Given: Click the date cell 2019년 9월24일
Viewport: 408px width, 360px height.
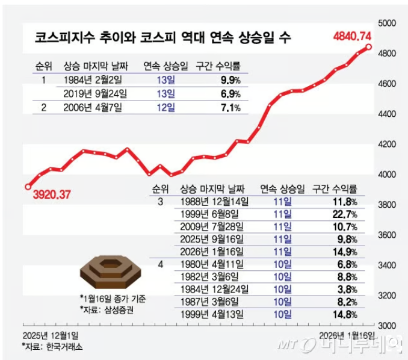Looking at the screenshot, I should [94, 94].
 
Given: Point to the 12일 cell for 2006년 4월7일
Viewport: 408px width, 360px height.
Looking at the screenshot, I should [165, 108].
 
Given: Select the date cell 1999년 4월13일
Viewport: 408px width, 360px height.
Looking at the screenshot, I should [211, 314].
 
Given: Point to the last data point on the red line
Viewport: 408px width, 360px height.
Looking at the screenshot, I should [368, 46].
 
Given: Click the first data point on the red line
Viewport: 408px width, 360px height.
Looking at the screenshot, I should [28, 187].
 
